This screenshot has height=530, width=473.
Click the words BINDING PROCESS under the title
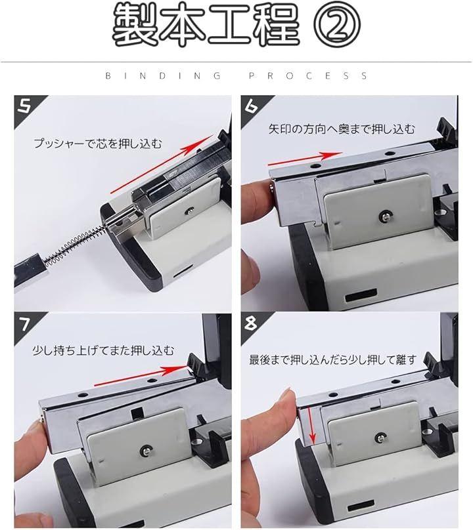click(236, 75)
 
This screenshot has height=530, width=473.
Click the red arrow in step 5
click(162, 164)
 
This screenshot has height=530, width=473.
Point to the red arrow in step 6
click(305, 159)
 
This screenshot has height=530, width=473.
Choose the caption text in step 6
click(342, 129)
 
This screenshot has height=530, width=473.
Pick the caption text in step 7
click(103, 350)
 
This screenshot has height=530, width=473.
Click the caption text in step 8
click(332, 360)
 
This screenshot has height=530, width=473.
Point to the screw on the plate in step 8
click(380, 438)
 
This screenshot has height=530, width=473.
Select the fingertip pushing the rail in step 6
click(259, 197)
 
